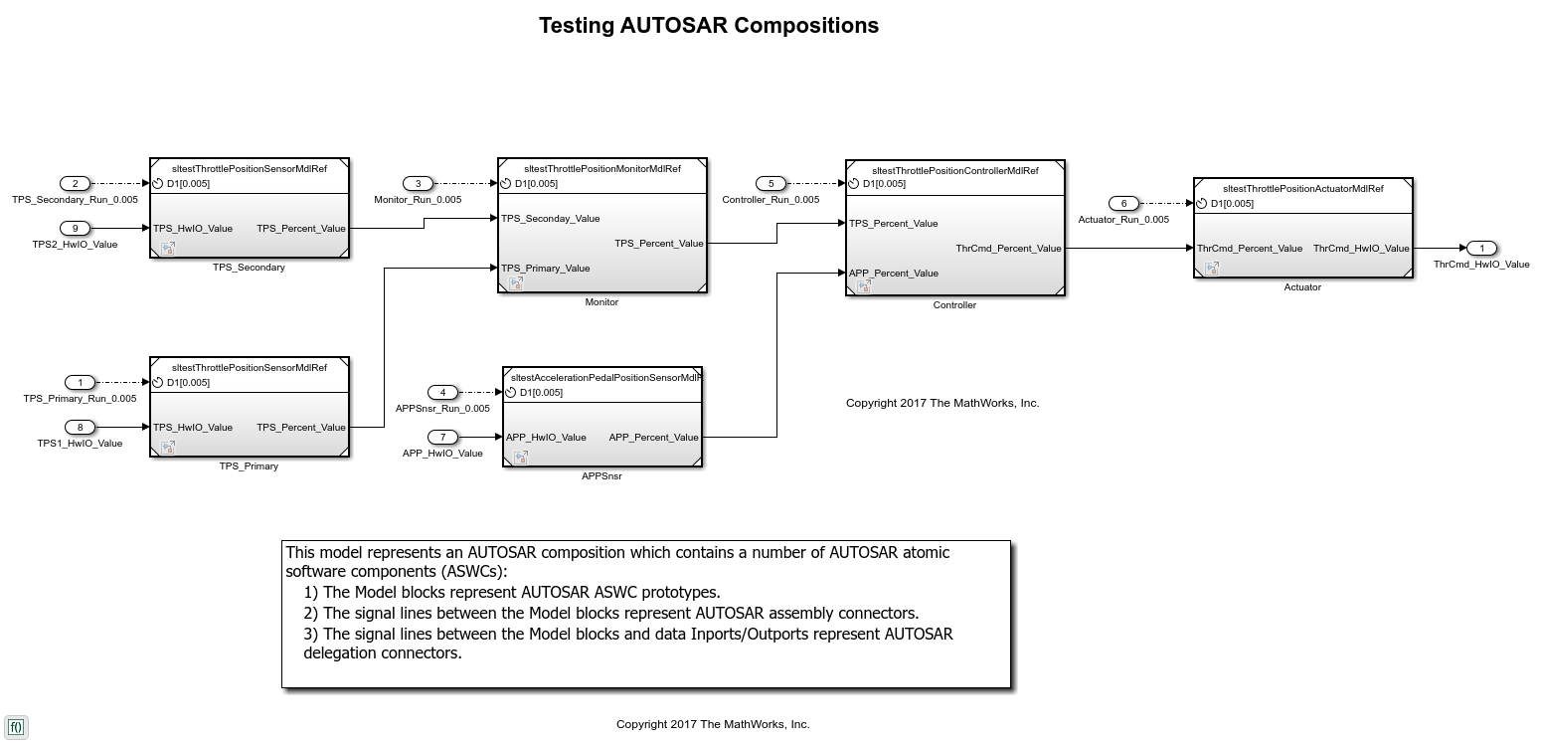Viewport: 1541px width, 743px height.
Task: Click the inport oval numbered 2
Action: tap(75, 184)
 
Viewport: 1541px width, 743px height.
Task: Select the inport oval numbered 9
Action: tap(75, 229)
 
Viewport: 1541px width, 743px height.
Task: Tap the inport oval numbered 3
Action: tap(418, 184)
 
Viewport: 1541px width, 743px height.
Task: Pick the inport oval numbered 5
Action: tap(770, 184)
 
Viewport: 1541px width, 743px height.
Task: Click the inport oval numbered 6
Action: tap(1123, 204)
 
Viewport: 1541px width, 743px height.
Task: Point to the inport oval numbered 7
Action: tap(442, 438)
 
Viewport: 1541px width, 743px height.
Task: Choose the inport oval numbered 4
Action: tap(442, 393)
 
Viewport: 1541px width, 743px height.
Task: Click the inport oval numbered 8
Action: tap(80, 428)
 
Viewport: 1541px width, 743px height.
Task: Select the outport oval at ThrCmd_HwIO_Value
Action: tap(1481, 249)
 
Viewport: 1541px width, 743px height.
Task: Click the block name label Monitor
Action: tap(601, 302)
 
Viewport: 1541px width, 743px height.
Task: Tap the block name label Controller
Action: tap(954, 305)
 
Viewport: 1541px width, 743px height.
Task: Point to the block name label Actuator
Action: tap(1302, 287)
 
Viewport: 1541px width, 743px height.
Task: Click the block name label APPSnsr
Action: tap(601, 476)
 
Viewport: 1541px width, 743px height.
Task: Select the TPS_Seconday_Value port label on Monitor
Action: tap(550, 219)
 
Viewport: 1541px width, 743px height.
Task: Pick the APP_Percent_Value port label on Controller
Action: tap(894, 274)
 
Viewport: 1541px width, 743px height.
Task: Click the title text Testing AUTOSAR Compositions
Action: tap(709, 26)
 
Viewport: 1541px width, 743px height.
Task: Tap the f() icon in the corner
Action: tap(16, 727)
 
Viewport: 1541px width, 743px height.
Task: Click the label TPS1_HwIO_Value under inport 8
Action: tap(80, 444)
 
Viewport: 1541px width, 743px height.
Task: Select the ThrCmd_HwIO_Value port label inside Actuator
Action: tap(1361, 249)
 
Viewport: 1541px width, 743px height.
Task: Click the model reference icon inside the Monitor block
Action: tap(516, 283)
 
